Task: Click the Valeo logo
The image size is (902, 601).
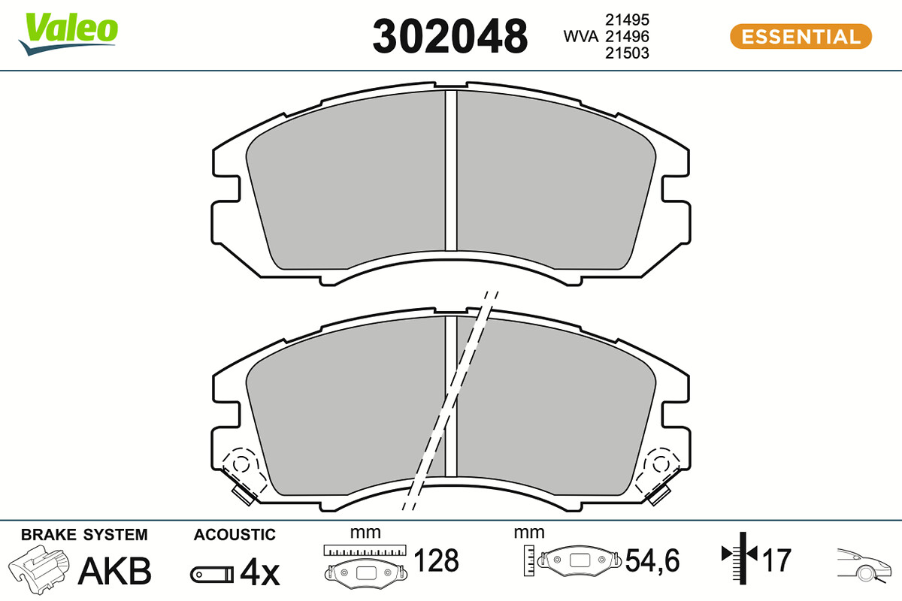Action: [x=68, y=34]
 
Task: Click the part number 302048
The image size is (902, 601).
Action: [x=449, y=36]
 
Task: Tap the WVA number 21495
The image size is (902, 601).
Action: [x=627, y=20]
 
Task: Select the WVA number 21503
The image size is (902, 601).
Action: [x=627, y=53]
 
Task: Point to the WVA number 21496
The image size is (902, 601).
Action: [x=627, y=37]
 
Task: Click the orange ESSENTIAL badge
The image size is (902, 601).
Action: [x=801, y=37]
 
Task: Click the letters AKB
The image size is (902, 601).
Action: [x=115, y=571]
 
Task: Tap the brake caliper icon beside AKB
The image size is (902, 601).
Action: [x=39, y=569]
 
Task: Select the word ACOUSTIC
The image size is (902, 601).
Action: [x=235, y=535]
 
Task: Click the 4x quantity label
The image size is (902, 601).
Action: [x=260, y=572]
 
